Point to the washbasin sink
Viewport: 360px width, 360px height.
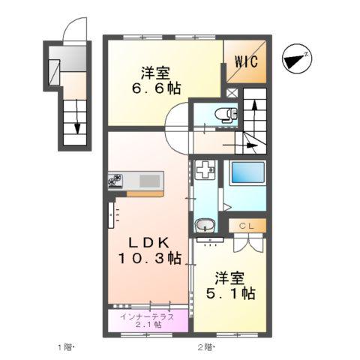tap(205, 226)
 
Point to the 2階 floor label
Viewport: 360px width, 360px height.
tap(205, 346)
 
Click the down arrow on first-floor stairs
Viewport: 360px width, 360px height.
tap(76, 127)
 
